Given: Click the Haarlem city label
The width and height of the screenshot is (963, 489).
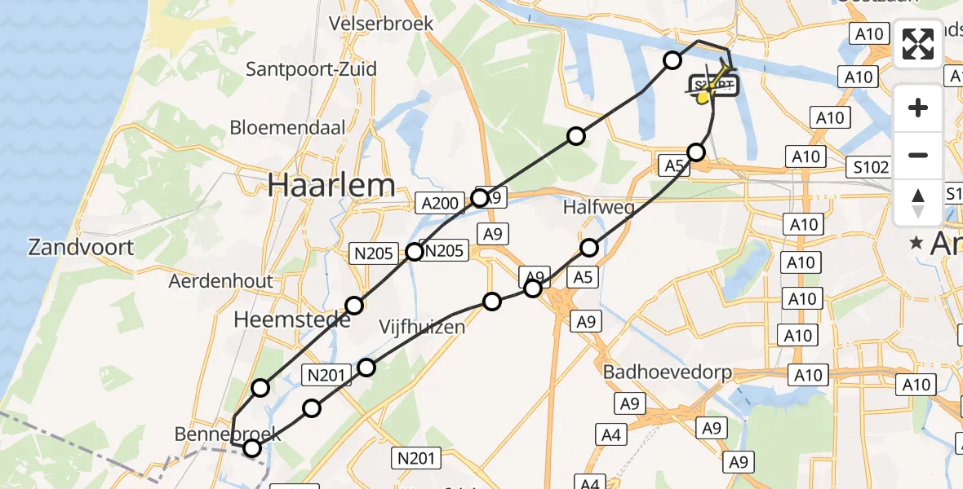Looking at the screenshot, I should (x=331, y=186).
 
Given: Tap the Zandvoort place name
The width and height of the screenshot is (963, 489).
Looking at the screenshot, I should (x=81, y=247).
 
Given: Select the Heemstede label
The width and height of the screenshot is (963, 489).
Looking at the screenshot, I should (x=291, y=319).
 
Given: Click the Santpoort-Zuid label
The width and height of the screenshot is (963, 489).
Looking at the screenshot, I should (x=312, y=68).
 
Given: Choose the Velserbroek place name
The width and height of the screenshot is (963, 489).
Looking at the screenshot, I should (x=381, y=24).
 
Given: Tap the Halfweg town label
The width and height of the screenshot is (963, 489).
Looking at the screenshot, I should (x=599, y=208).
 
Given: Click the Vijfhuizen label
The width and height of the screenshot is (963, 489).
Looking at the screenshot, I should (x=422, y=327).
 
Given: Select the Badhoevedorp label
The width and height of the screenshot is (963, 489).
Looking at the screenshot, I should (x=668, y=372).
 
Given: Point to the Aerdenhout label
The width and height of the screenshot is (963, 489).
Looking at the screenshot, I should (x=220, y=281).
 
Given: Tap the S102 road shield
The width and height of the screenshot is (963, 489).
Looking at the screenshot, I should (x=867, y=167).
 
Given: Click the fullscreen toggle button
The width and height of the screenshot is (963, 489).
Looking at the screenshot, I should (x=918, y=44).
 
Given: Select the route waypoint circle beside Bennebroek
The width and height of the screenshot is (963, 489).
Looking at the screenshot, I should (x=252, y=447).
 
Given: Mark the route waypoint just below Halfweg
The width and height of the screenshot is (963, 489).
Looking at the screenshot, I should (x=589, y=247).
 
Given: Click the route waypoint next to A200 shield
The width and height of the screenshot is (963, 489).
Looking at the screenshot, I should (x=480, y=198).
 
